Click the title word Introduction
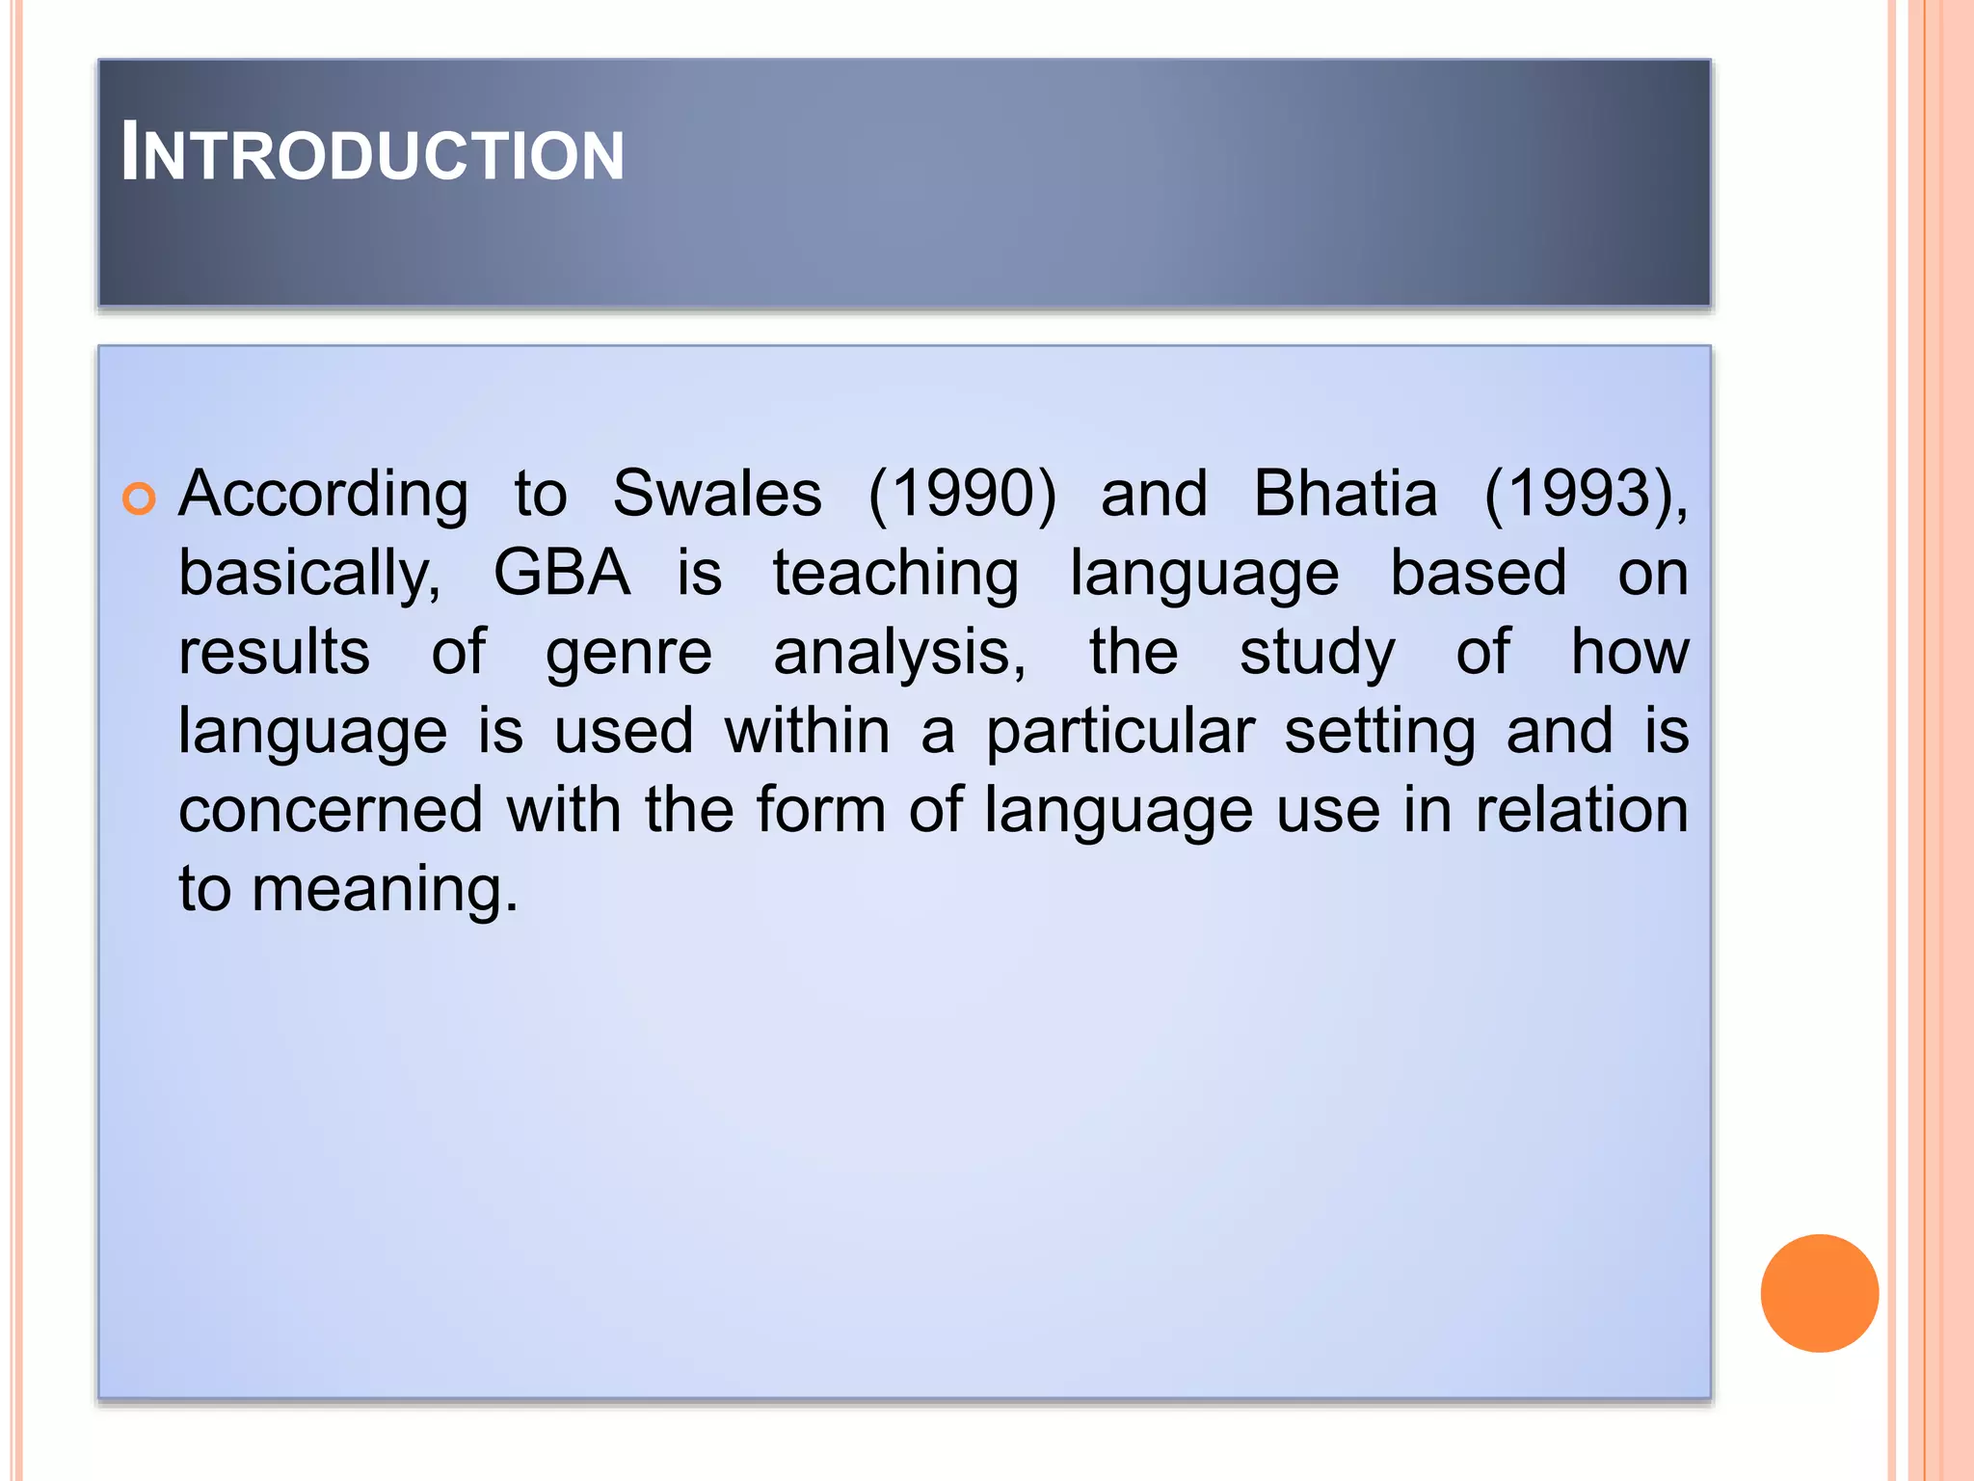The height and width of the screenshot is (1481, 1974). tap(373, 154)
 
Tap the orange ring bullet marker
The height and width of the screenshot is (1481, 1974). tap(140, 498)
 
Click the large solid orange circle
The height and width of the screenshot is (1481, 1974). tap(1819, 1293)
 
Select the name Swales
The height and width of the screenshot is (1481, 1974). tap(717, 495)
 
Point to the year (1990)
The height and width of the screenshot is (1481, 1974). tap(962, 495)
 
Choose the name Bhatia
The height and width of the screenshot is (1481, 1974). tap(1345, 495)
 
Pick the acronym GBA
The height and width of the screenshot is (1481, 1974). tap(562, 574)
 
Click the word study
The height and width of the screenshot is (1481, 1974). tap(1317, 654)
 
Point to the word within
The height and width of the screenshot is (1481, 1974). tap(807, 731)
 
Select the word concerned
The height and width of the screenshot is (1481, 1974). tap(331, 810)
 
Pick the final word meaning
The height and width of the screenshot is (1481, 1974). tap(385, 889)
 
